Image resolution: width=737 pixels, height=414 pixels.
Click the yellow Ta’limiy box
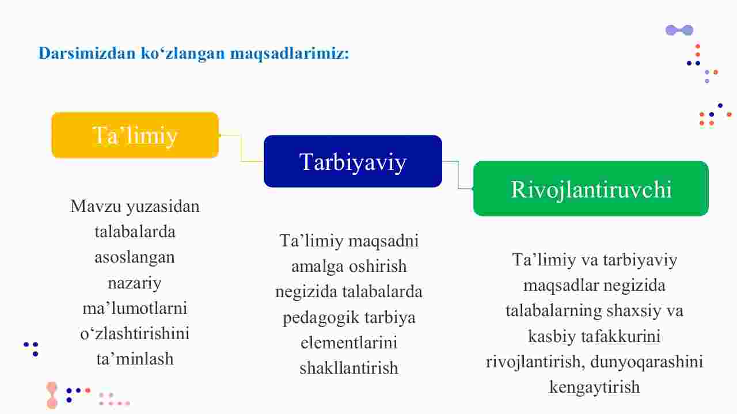[x=135, y=135]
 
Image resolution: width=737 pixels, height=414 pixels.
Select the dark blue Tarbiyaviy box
[x=353, y=161]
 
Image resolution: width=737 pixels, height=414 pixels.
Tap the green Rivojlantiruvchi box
[x=591, y=188]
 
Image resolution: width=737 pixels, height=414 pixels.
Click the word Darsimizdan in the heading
[x=87, y=53]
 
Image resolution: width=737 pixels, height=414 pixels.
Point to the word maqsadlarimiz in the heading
[x=290, y=54]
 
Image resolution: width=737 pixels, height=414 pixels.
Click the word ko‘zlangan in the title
[x=183, y=54]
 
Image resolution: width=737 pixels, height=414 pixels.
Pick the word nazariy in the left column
[x=135, y=283]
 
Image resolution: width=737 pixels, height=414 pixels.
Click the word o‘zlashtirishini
[x=135, y=333]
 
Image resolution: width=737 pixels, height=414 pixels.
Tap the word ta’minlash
[x=135, y=359]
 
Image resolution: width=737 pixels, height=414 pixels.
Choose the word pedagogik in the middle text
[x=321, y=318]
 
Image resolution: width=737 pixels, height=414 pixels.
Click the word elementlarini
[x=349, y=343]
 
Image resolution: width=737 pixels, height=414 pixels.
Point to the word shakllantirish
[x=349, y=368]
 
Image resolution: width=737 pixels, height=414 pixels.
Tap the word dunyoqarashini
[x=647, y=362]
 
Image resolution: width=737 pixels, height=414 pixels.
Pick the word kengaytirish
[x=595, y=388]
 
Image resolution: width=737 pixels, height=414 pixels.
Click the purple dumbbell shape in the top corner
[x=679, y=31]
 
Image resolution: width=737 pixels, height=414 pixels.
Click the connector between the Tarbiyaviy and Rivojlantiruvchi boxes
[x=458, y=175]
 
